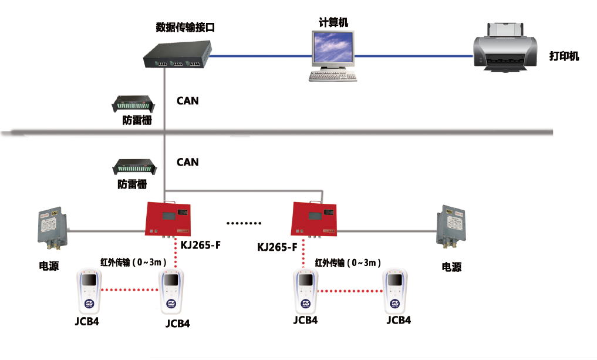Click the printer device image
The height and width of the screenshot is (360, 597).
[x=506, y=48]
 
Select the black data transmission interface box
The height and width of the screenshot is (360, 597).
[x=176, y=56]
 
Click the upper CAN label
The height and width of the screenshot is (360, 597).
[x=188, y=101]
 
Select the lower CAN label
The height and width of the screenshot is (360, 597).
[x=188, y=162]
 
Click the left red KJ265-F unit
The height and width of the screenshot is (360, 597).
[x=168, y=217]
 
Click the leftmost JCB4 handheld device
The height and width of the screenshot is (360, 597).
[x=90, y=291]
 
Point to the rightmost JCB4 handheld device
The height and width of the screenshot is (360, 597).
[x=396, y=290]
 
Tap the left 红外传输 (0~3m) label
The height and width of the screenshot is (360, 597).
[x=134, y=261]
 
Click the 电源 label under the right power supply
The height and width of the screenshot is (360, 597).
[x=451, y=267]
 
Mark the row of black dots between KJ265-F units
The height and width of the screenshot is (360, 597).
[x=244, y=224]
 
